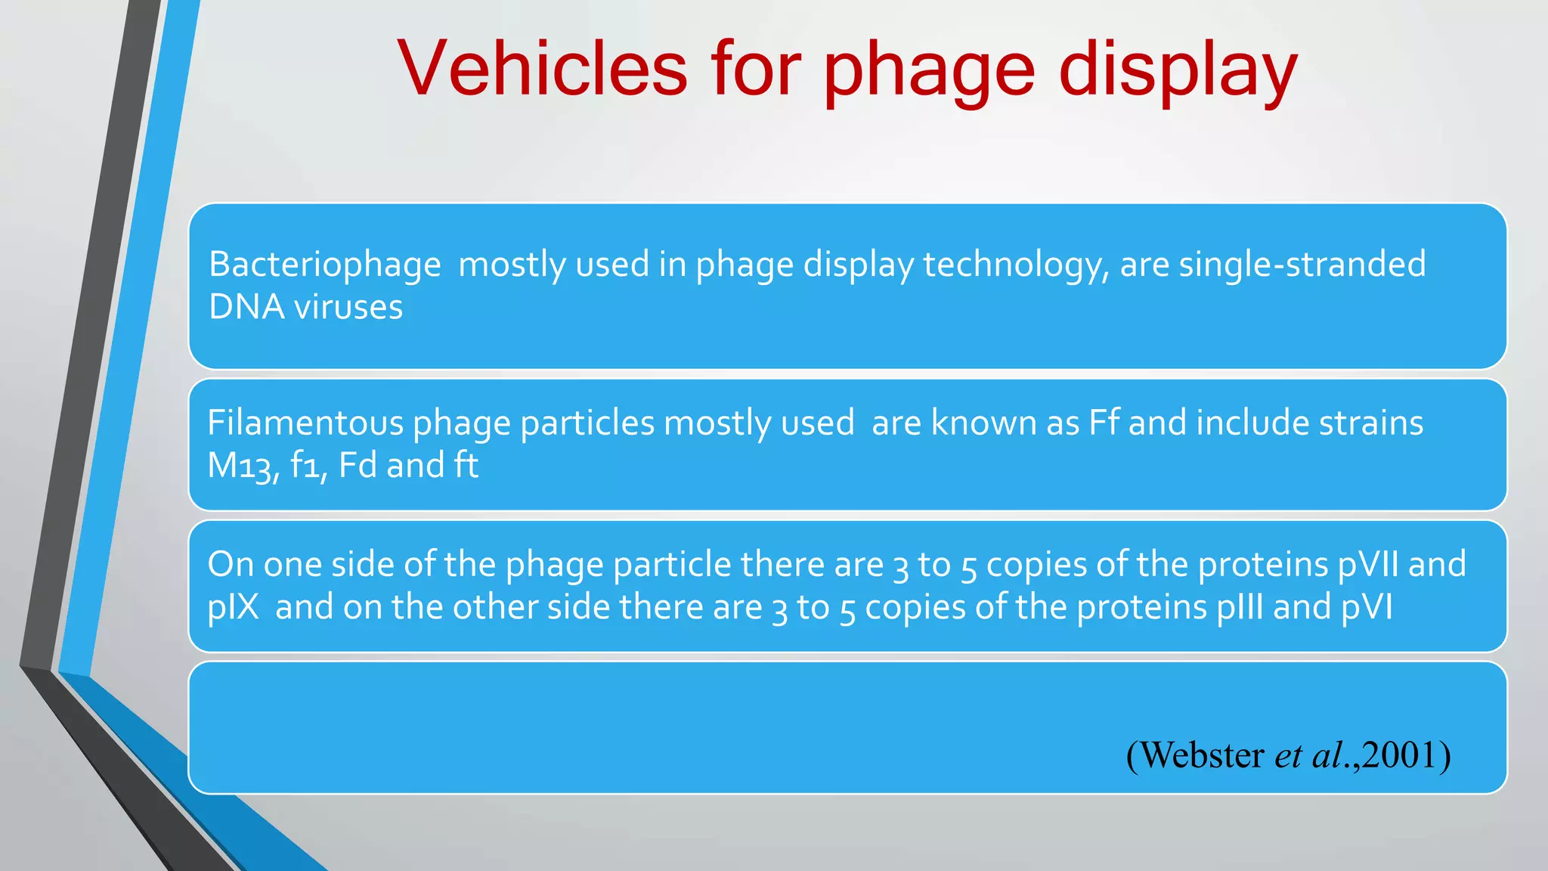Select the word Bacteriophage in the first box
324,265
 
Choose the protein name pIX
233,608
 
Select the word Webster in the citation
1202,755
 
